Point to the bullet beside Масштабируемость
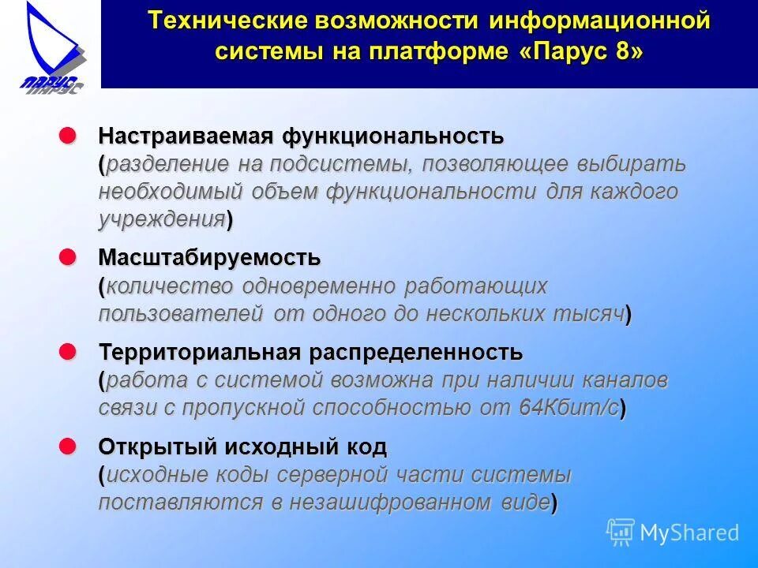point(69,256)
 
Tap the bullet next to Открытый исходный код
point(69,447)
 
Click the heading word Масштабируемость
point(209,257)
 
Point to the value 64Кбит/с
point(568,408)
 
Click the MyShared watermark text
point(689,532)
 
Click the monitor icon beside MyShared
point(621,532)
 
